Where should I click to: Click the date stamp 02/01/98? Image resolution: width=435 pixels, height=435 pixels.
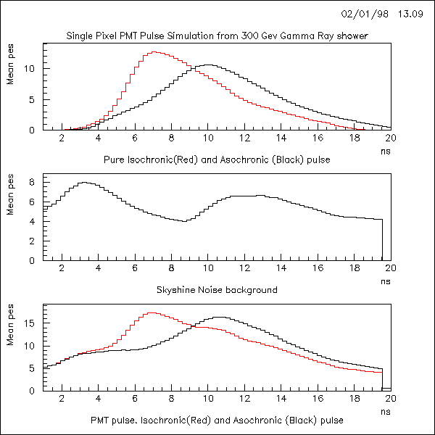pos(360,14)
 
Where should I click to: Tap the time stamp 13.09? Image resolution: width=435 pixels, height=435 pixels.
pos(411,14)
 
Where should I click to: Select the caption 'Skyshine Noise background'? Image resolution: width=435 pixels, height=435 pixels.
pos(217,289)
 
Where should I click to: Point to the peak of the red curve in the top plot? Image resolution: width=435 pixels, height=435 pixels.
pos(154,52)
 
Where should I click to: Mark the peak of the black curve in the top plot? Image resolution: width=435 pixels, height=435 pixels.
pos(208,65)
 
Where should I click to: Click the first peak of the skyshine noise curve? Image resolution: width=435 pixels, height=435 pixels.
pos(84,183)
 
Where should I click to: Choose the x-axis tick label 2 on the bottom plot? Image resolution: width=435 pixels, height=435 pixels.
pos(62,398)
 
